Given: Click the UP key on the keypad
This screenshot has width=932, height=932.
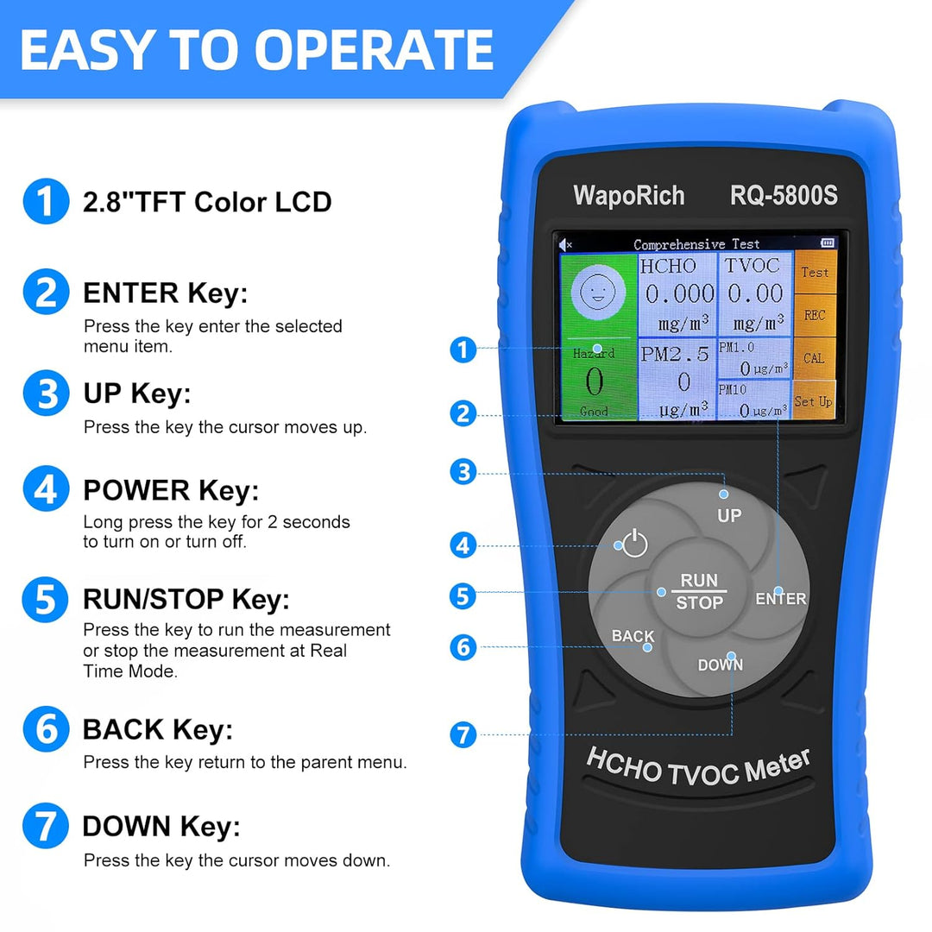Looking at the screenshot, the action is pos(728,514).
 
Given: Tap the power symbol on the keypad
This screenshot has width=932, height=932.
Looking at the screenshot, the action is pos(634,543).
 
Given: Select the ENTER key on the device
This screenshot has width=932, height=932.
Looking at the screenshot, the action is pos(780,598).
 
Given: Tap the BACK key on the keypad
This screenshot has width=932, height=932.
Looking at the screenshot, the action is pos(633,635).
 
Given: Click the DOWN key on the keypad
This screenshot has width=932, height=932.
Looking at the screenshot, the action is pos(720,664).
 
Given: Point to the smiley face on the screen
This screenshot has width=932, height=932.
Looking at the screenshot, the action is pos(598,292).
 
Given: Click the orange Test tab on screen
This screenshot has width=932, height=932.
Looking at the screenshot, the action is pos(815,272).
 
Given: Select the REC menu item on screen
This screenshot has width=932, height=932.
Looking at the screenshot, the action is pos(815,315).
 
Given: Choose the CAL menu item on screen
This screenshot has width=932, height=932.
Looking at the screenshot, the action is pos(814,358).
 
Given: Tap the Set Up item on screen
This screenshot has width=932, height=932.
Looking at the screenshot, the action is pos(813,401).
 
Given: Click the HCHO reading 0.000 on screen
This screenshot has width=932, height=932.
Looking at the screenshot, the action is pos(679,293).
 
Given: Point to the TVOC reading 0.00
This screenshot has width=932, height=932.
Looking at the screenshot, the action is pos(755,293).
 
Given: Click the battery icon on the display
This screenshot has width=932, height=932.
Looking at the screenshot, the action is pos(828,242).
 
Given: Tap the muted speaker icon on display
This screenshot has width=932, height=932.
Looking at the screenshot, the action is pos(565,244).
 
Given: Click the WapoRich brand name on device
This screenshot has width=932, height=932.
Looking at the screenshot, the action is pos(629,196).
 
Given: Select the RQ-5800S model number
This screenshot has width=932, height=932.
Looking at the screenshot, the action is pos(784,195).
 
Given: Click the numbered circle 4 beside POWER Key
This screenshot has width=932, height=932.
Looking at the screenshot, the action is pos(46,488).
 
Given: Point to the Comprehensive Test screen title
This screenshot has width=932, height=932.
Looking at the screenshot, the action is pos(696,244).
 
